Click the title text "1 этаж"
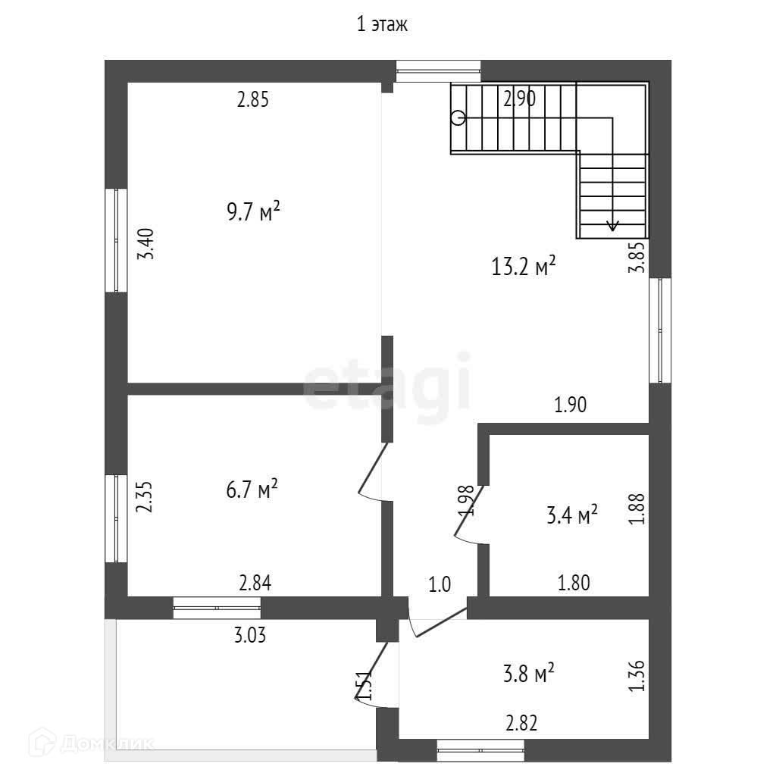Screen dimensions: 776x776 coord(383,25)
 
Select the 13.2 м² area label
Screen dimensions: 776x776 coord(525,266)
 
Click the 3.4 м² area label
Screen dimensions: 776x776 coord(572,516)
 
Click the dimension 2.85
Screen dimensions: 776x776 coord(253,99)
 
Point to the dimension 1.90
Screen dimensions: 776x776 coord(571,405)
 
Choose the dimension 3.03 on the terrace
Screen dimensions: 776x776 coord(249,634)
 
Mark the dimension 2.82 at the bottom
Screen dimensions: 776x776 coord(521,723)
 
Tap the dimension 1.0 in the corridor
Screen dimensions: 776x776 coord(440,584)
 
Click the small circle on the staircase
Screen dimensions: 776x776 coord(458,117)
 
